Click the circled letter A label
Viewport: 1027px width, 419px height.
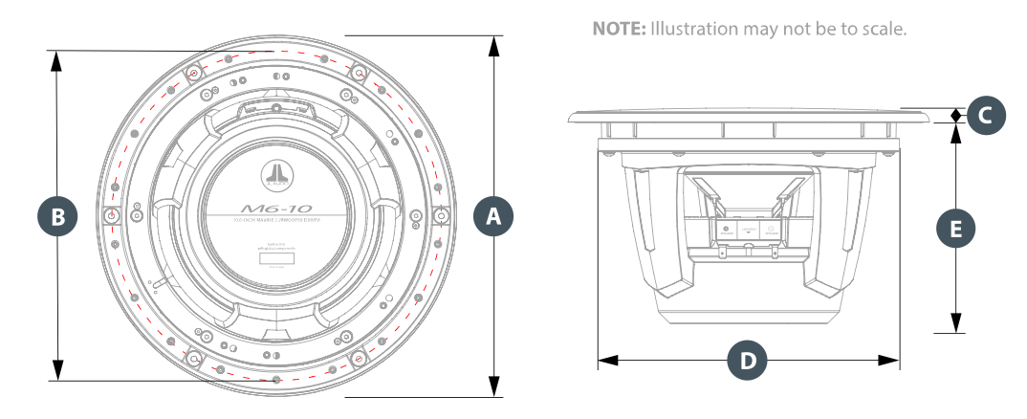click(x=494, y=216)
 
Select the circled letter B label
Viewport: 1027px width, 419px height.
click(x=58, y=216)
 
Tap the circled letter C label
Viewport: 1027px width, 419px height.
click(x=986, y=116)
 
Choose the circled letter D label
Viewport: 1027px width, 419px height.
click(x=748, y=361)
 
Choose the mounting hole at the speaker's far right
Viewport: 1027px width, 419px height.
click(x=441, y=216)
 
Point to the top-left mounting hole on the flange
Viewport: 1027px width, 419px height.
click(x=194, y=73)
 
